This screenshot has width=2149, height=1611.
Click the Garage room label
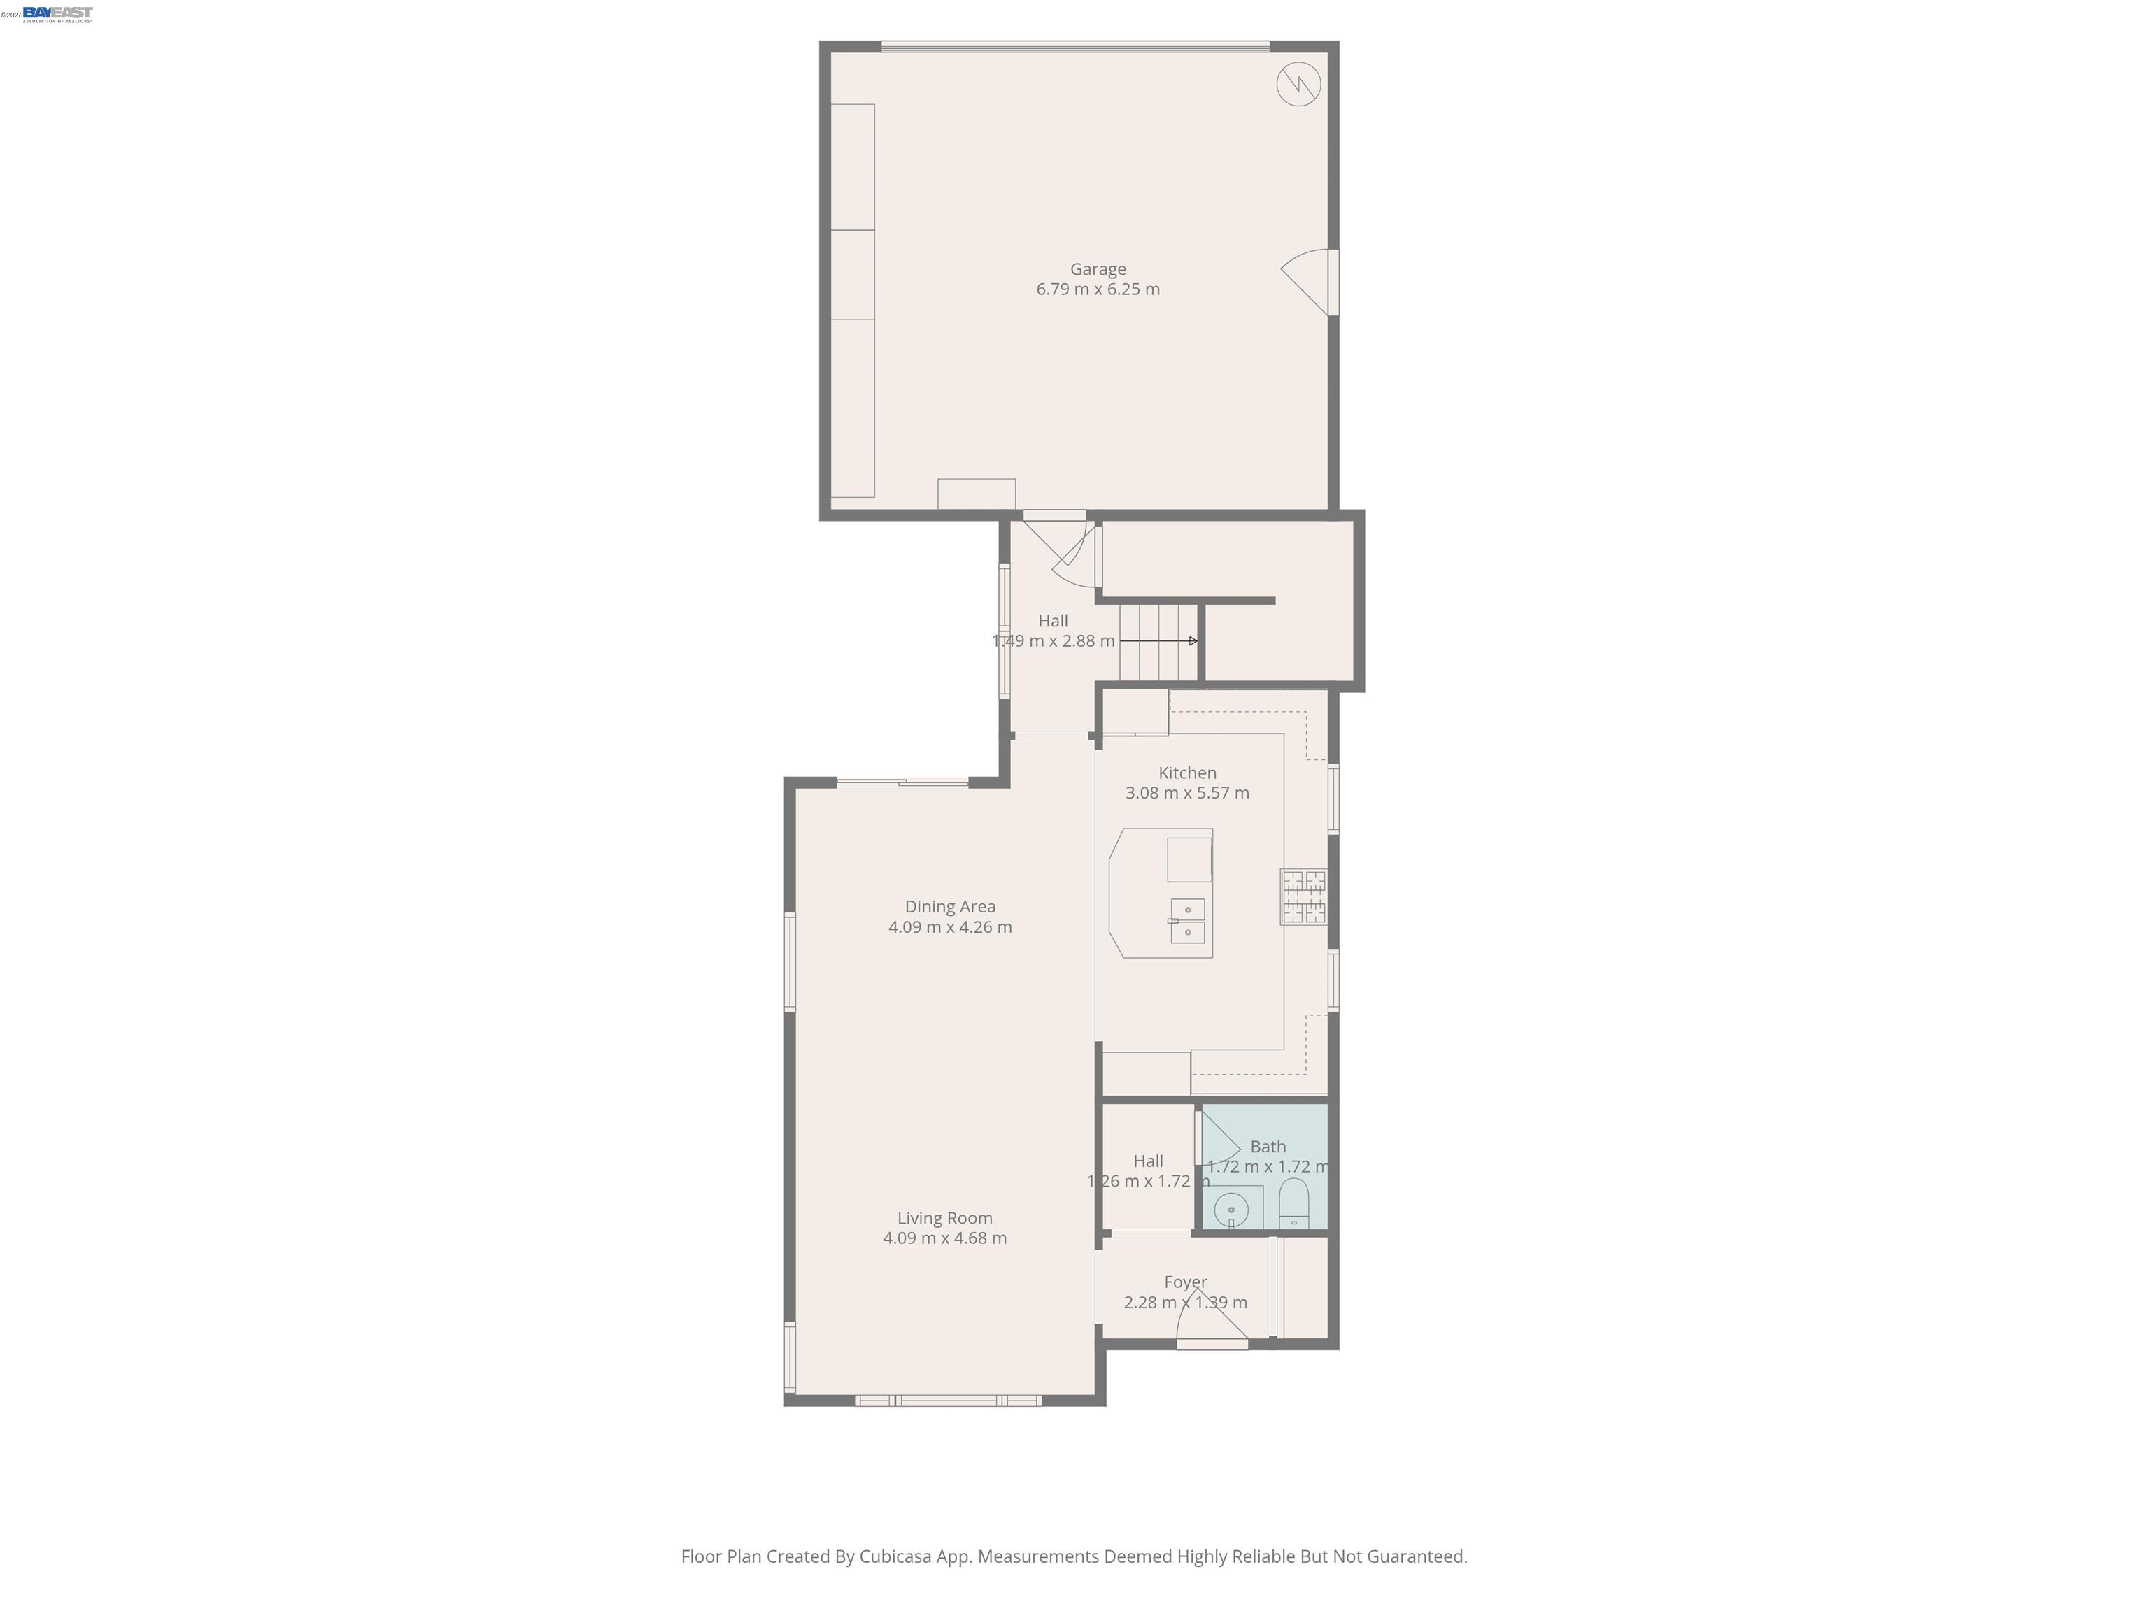pyautogui.click(x=1098, y=269)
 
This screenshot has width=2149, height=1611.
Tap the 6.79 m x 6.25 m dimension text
pyautogui.click(x=1098, y=289)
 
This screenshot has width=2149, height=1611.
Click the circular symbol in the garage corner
pyautogui.click(x=1298, y=85)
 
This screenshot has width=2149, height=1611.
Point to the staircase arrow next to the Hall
pyautogui.click(x=1158, y=641)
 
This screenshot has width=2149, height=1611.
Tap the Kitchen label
pyautogui.click(x=1187, y=773)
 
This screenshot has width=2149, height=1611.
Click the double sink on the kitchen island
pyautogui.click(x=1187, y=921)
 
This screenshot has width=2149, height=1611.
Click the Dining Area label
pyautogui.click(x=950, y=907)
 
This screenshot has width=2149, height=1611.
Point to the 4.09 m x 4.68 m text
pyautogui.click(x=944, y=1238)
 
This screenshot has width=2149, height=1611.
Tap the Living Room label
pyautogui.click(x=944, y=1218)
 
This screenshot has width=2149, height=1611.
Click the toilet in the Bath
pyautogui.click(x=1294, y=1204)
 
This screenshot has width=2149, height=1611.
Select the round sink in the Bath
pyautogui.click(x=1231, y=1210)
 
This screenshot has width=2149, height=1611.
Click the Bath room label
pyautogui.click(x=1268, y=1147)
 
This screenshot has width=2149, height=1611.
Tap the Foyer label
pyautogui.click(x=1185, y=1282)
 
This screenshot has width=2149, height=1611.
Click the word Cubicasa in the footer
pyautogui.click(x=895, y=1556)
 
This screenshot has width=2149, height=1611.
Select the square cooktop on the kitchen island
pyautogui.click(x=1189, y=859)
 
